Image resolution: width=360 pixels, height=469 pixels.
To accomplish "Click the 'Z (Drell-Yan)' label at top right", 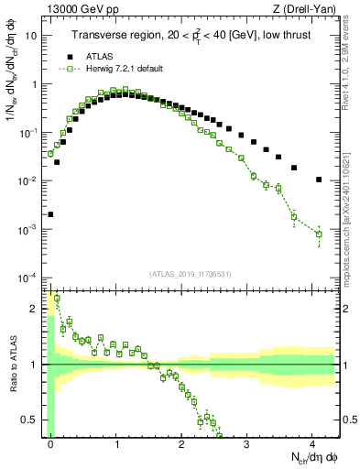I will [x=308, y=9].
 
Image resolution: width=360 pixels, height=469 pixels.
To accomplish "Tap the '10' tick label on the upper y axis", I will [x=32, y=37].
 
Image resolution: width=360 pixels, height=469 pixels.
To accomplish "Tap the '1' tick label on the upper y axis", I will [x=36, y=84].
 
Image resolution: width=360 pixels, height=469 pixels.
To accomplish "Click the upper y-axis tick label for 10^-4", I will [x=30, y=278].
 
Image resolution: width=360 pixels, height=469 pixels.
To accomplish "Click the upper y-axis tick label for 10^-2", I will [x=30, y=181].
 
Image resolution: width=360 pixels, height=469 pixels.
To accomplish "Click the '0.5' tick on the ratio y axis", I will [x=32, y=420].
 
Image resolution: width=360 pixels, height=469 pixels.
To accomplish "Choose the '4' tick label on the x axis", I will [x=312, y=442].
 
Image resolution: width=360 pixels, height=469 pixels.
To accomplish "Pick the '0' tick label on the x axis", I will [x=51, y=442].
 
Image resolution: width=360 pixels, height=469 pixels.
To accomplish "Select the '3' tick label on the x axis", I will [x=247, y=442].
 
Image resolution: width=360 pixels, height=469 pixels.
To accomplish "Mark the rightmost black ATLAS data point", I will [x=319, y=180].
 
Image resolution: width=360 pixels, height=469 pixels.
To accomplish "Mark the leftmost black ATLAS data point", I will [x=50, y=214].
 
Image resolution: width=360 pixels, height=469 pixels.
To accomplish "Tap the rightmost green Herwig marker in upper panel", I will [x=319, y=234].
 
